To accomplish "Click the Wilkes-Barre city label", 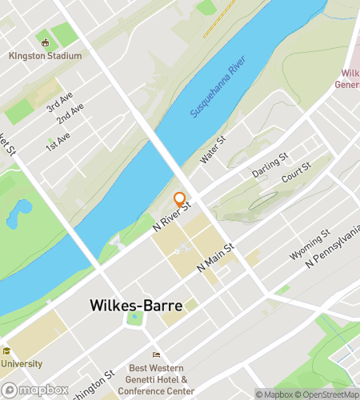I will [135, 306].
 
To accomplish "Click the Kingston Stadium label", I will [46, 56].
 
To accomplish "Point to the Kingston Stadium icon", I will [46, 43].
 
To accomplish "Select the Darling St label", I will [269, 168].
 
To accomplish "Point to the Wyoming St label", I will [309, 245].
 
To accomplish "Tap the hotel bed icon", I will [157, 355].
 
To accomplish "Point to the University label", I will [23, 362].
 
